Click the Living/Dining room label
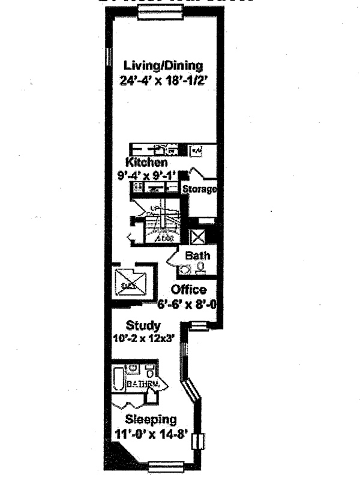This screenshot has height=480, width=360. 163,65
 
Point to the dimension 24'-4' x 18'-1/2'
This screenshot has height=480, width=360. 163,78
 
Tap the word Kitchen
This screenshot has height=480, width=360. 146,163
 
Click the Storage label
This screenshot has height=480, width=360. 199,190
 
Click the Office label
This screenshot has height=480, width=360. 189,290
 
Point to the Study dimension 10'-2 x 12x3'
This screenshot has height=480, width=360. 143,338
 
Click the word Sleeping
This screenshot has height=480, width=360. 150,419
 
